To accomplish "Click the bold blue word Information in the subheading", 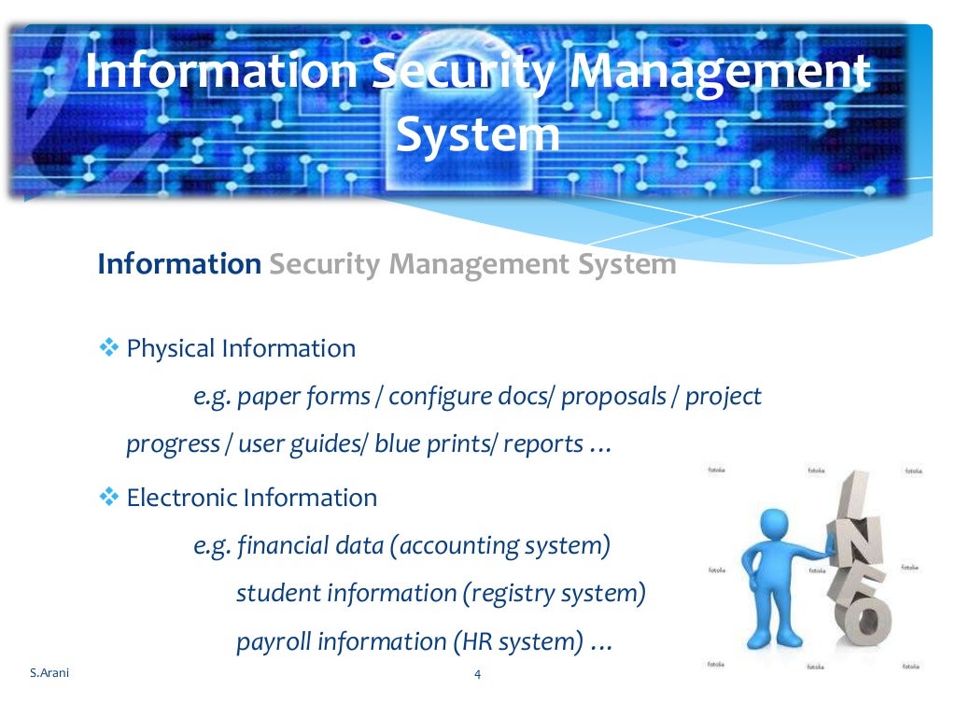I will (179, 264).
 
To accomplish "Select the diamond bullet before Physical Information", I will (109, 348).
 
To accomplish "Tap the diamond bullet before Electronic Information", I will (109, 497).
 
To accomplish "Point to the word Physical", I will (170, 349).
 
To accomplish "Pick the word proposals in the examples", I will (612, 397).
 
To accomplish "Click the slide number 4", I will (478, 675).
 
